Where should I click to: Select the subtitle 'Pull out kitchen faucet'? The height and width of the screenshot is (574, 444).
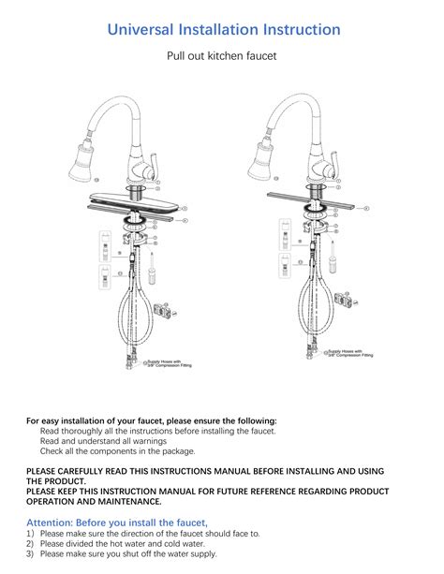coord(221,57)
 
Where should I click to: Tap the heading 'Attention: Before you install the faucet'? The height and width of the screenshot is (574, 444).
coord(116,522)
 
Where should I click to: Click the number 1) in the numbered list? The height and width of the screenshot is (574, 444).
coord(30,533)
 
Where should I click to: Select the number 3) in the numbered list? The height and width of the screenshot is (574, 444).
coord(30,553)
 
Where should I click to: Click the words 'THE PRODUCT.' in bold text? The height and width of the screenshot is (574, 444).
coord(52,480)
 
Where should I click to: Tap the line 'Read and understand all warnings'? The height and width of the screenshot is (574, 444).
coord(103,441)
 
